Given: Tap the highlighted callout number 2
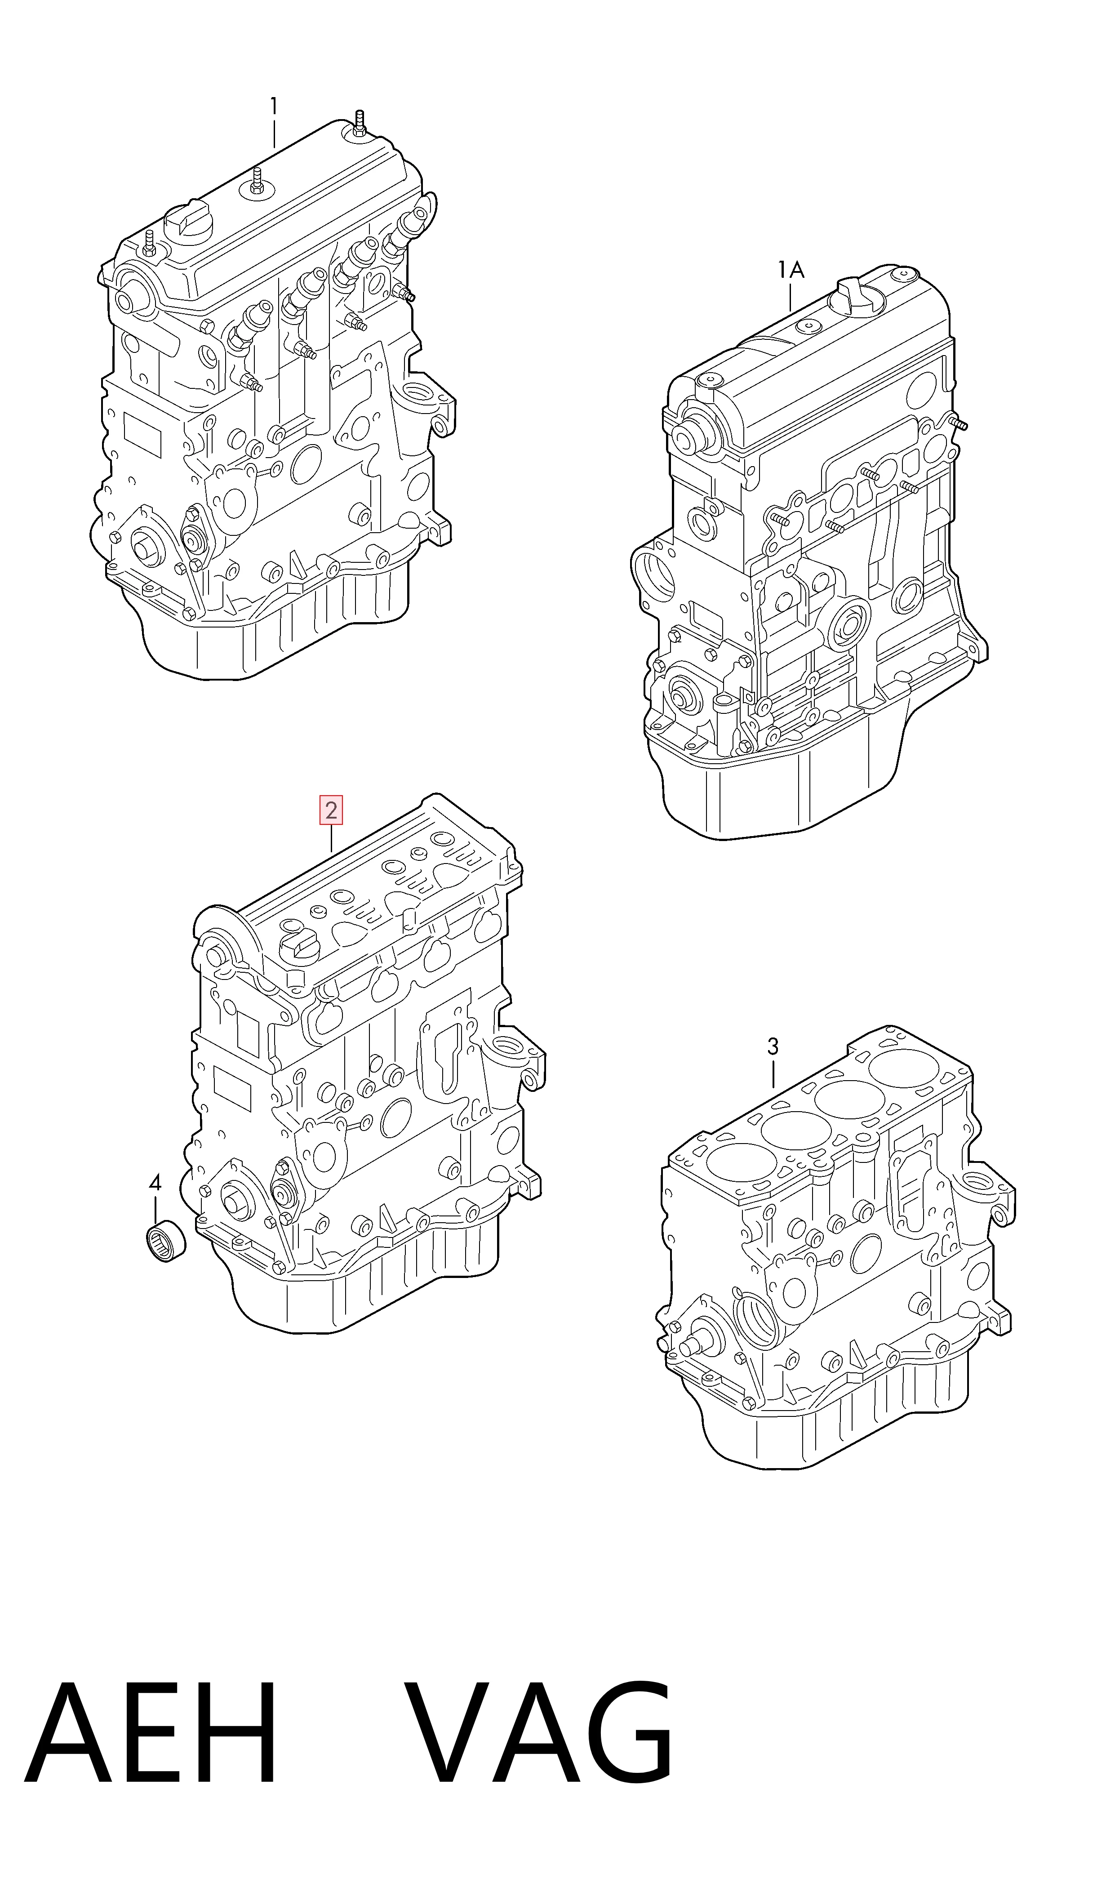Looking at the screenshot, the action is [331, 811].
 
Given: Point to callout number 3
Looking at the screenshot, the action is [773, 1046].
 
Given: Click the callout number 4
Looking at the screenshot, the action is [155, 1184].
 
